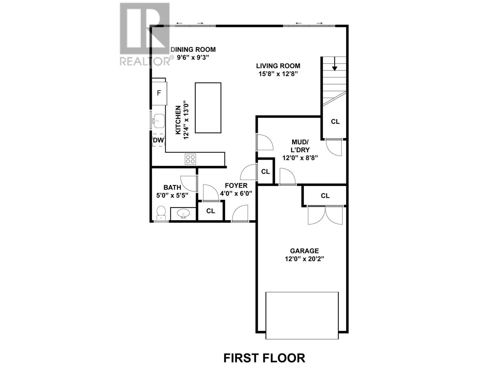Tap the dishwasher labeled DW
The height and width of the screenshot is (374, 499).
click(158, 140)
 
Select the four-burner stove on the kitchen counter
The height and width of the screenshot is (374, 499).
click(191, 159)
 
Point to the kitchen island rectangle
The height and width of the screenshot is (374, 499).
click(208, 108)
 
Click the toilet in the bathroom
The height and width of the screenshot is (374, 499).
click(161, 213)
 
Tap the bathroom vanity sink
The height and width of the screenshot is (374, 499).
click(183, 213)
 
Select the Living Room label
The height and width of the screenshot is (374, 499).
click(278, 66)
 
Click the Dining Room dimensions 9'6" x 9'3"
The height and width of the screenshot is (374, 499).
click(193, 57)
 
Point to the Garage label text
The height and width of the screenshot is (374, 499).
click(304, 251)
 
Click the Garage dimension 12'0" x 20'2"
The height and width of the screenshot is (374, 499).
click(304, 259)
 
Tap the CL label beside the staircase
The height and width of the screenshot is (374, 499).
click(335, 122)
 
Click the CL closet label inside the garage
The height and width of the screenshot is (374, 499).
click(325, 195)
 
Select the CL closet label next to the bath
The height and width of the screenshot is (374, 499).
click(211, 211)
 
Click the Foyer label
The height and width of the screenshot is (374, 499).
click(236, 185)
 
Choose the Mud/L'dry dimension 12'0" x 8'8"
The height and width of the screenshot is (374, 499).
click(300, 158)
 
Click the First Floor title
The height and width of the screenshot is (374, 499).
click(264, 358)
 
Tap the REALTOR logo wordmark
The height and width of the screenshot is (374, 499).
click(145, 61)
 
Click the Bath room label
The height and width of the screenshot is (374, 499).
click(172, 187)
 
